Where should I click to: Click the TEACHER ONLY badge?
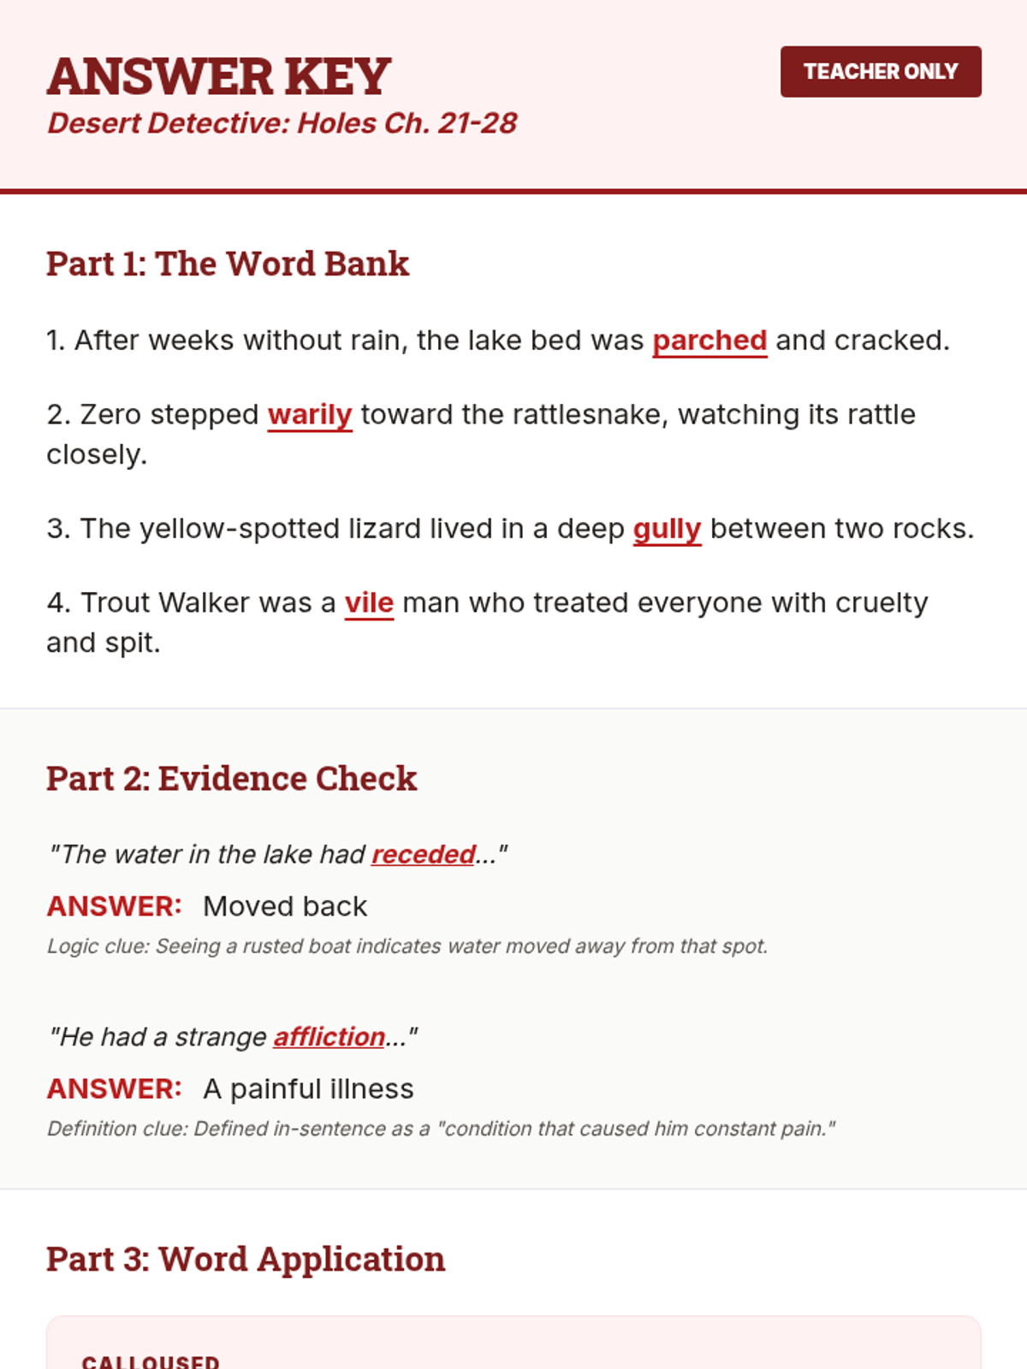pyautogui.click(x=881, y=72)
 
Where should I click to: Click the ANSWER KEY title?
pyautogui.click(x=219, y=76)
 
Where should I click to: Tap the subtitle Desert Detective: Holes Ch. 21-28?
pyautogui.click(x=282, y=123)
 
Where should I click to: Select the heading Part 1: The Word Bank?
pyautogui.click(x=228, y=264)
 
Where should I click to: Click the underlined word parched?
pyautogui.click(x=709, y=341)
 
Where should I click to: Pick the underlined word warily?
pyautogui.click(x=310, y=415)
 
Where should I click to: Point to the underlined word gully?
pyautogui.click(x=667, y=529)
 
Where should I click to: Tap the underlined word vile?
pyautogui.click(x=369, y=603)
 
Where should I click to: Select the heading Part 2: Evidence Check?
pyautogui.click(x=231, y=779)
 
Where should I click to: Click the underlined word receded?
pyautogui.click(x=424, y=854)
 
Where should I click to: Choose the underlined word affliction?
pyautogui.click(x=329, y=1037)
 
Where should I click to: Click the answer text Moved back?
pyautogui.click(x=285, y=906)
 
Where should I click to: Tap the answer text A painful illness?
pyautogui.click(x=308, y=1089)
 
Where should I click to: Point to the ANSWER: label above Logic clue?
pyautogui.click(x=114, y=906)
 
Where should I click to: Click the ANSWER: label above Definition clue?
pyautogui.click(x=114, y=1089)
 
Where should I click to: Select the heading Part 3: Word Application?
pyautogui.click(x=246, y=1259)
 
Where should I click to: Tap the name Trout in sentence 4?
pyautogui.click(x=116, y=603)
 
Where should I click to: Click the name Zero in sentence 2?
pyautogui.click(x=110, y=415)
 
